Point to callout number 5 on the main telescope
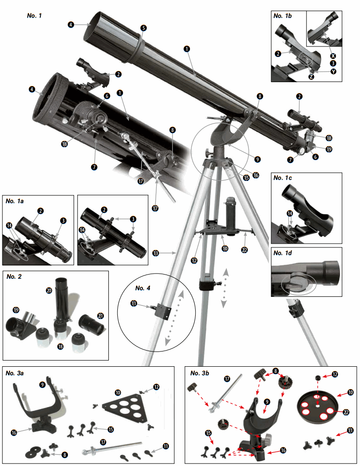pos(143,28)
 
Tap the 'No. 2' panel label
pos(16,277)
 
